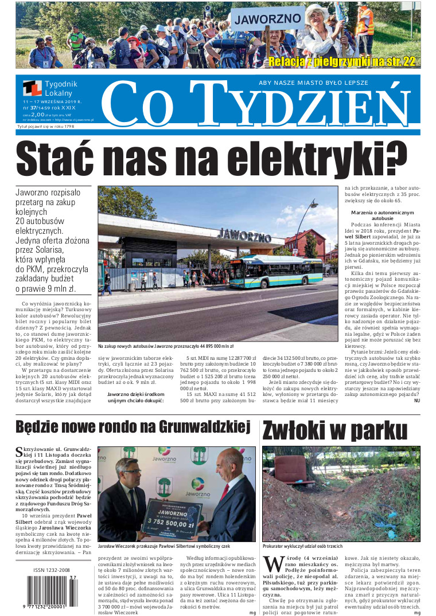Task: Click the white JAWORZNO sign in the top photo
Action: pos(267,19)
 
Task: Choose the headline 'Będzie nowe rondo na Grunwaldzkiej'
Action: pos(133,427)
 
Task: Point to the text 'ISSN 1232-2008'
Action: pos(52,571)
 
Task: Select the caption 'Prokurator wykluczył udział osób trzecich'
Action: pos(302,547)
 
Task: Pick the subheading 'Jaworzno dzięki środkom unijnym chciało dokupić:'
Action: pos(136,398)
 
